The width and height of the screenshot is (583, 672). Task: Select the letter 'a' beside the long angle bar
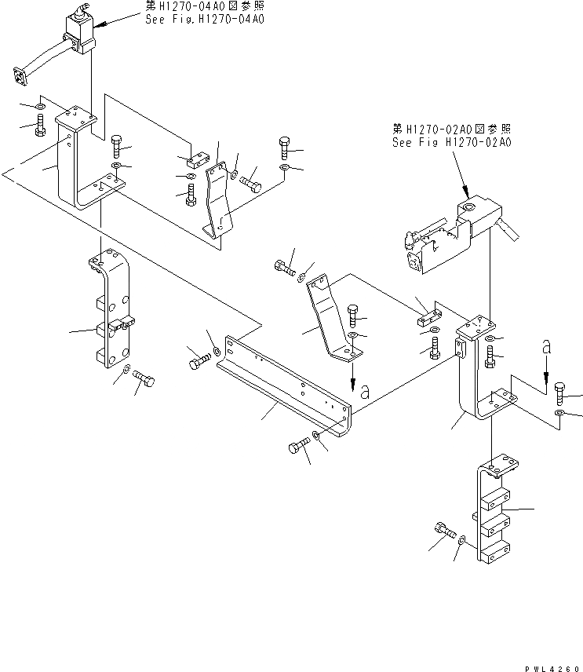point(364,393)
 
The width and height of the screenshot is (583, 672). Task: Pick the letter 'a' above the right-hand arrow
point(546,346)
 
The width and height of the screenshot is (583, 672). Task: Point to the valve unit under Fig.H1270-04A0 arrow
point(80,31)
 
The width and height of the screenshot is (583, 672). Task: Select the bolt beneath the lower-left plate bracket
point(144,380)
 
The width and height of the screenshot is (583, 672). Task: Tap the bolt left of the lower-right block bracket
point(444,531)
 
